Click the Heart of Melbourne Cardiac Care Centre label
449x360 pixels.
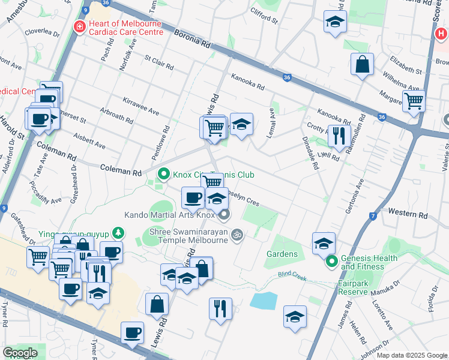(125, 28)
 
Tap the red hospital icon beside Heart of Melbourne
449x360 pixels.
(78, 27)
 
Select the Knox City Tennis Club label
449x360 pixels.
(210, 175)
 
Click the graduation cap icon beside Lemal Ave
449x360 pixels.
(241, 124)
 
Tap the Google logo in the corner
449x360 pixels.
(20, 353)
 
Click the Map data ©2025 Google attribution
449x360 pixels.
(412, 355)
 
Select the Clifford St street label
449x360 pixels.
(264, 16)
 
